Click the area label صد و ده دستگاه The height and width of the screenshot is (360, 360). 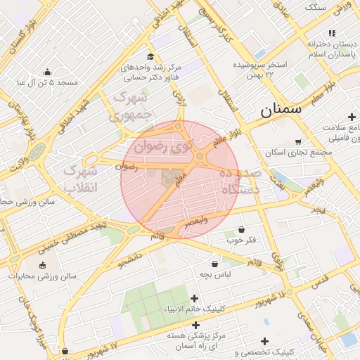(240, 181)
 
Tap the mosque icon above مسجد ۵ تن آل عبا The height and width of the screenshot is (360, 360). (47, 72)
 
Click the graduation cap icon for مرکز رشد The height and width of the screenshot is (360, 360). (150, 57)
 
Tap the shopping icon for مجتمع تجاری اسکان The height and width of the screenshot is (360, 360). (298, 141)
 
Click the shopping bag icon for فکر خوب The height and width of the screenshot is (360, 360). (242, 229)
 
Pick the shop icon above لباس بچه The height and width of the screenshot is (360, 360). (214, 264)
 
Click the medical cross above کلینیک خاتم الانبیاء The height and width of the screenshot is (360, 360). (195, 298)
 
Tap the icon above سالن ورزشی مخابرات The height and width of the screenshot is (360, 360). (44, 265)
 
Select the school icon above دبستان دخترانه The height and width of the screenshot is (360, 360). (332, 33)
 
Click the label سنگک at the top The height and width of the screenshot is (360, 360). (315, 6)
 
